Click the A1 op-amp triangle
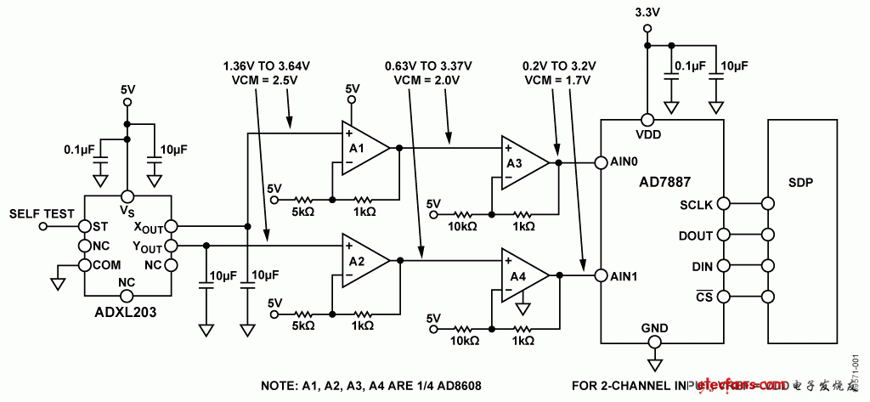click(362, 148)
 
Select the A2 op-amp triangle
click(362, 260)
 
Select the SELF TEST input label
click(42, 214)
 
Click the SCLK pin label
click(697, 204)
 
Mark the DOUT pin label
click(697, 235)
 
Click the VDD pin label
click(647, 133)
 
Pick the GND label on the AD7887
click(653, 327)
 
